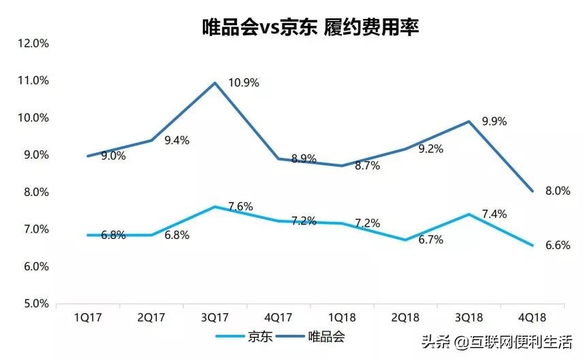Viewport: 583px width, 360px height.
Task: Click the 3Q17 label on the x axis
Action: coord(215,318)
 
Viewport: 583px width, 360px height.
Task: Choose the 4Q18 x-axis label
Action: coord(533,318)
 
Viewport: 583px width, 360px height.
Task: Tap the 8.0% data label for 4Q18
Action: coord(558,191)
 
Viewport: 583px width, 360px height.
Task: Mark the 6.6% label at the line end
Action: coord(558,246)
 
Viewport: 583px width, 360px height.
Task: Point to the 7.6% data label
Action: coord(240,207)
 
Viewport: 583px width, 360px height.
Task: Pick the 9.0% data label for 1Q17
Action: coord(113,156)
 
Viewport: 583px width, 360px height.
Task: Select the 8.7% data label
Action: coord(368,165)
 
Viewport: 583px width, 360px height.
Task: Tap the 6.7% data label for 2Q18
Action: coord(430,240)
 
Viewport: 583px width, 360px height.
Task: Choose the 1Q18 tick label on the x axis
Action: coord(342,318)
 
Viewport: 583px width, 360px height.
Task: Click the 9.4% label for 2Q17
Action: coord(176,141)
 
